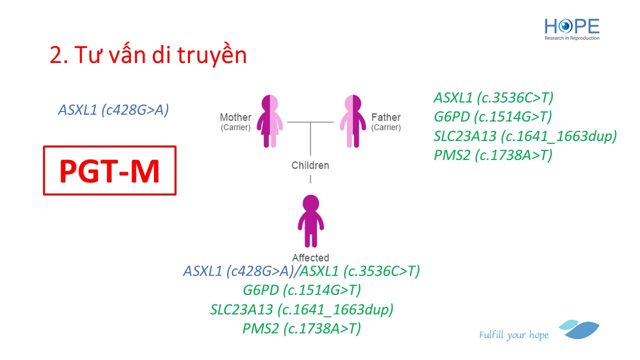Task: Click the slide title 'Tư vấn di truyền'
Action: pos(161,55)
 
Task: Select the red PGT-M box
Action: pos(109,170)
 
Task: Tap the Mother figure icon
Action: pos(269,121)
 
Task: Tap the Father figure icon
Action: pos(353,121)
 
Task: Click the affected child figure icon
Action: pos(311,221)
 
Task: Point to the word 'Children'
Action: pos(310,165)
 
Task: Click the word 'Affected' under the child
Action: pos(310,257)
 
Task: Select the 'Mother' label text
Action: pos(235,117)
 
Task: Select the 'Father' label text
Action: pos(386,117)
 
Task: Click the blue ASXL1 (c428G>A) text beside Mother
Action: pos(113,110)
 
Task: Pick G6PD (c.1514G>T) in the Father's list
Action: pos(493,117)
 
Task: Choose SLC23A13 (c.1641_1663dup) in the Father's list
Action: pos(525,136)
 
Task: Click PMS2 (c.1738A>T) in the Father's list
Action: pos(493,155)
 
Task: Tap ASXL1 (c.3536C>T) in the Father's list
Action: pos(493,97)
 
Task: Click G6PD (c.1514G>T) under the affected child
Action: pos(301,290)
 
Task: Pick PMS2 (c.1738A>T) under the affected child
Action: pos(301,328)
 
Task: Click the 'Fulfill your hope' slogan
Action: pos(513,335)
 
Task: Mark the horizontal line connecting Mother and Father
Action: pos(310,122)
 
